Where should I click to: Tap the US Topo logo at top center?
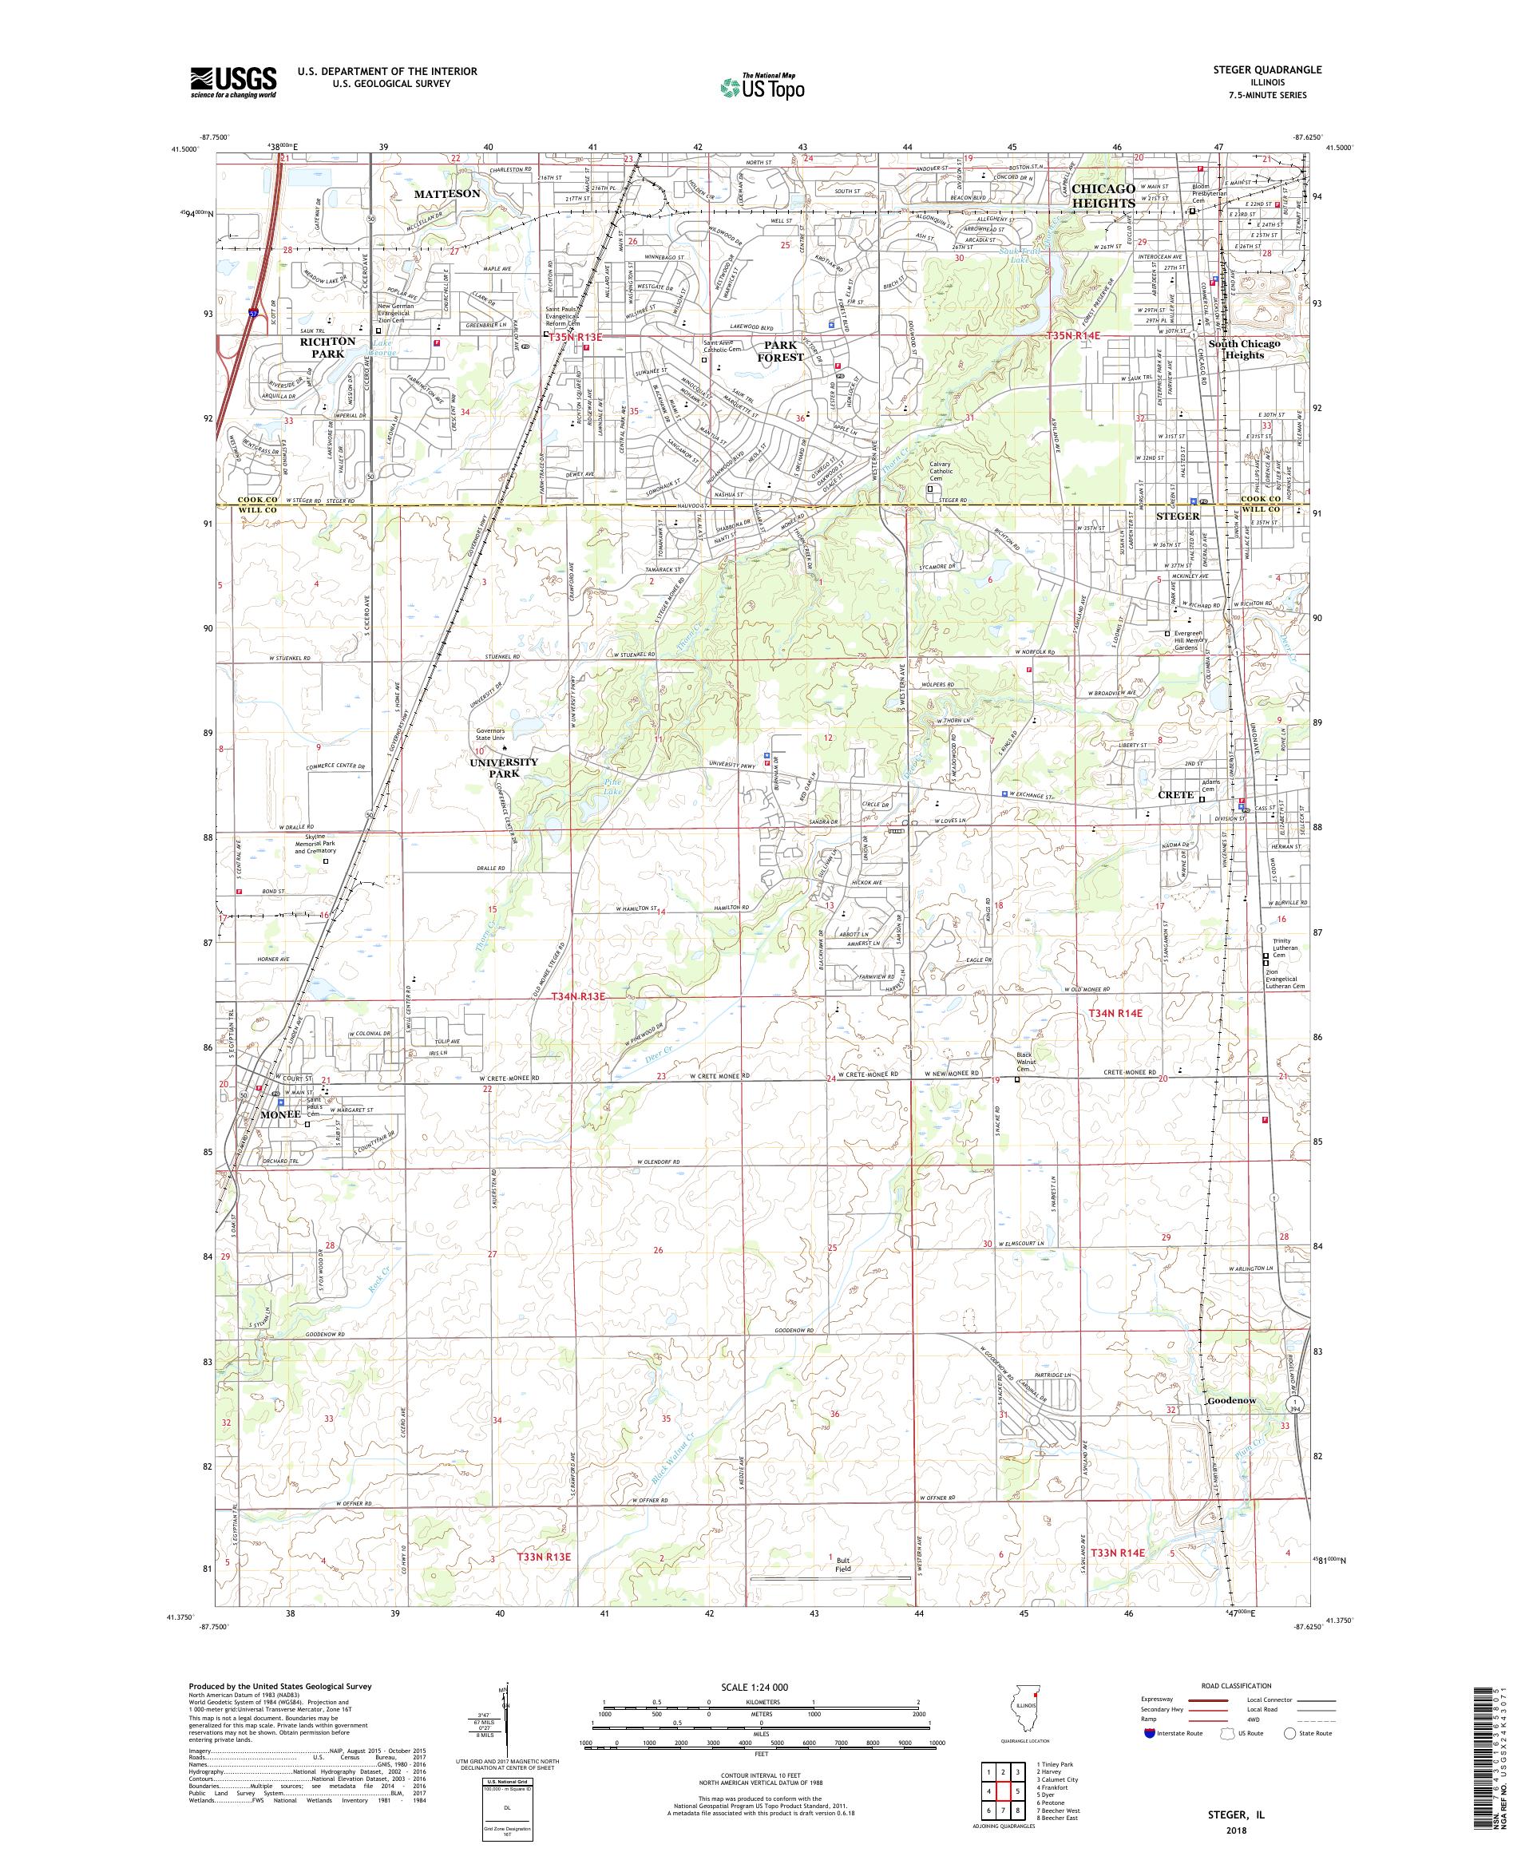coord(763,86)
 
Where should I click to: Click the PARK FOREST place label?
coord(781,351)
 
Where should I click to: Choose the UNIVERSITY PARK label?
coord(505,767)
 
